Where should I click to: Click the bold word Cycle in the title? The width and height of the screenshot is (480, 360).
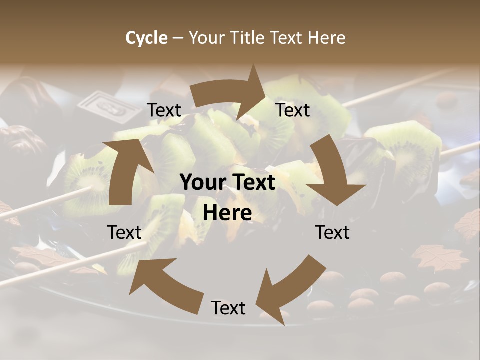coord(146,38)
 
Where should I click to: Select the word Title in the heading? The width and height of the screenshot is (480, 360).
coord(247,38)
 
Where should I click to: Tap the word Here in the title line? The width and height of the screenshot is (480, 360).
coord(327,38)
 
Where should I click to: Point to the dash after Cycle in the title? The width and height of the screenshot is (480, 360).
coord(178,38)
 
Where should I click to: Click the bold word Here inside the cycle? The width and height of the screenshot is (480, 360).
coord(227,213)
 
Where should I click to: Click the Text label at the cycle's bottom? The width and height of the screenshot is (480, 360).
coord(228,308)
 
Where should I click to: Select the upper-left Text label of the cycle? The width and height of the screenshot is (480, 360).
coord(164,110)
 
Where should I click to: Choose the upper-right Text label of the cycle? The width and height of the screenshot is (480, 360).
coord(293,110)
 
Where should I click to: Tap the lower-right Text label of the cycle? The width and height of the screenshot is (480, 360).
coord(332,233)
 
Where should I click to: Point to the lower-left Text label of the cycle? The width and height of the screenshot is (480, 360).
coord(124,233)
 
